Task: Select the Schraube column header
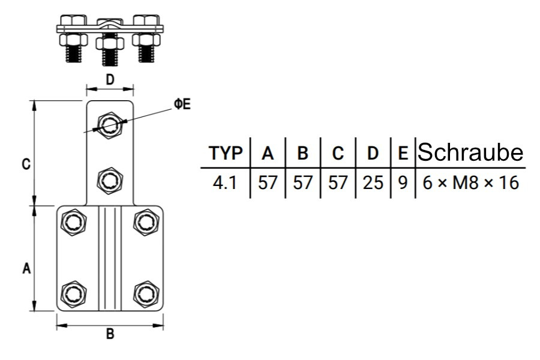(470, 153)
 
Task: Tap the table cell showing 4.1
(226, 182)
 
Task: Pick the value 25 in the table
(373, 182)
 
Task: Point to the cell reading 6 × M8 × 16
(470, 182)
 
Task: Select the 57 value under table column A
(268, 182)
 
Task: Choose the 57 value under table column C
(338, 182)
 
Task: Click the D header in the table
(373, 154)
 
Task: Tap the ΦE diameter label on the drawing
(182, 104)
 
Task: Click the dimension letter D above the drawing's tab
(110, 79)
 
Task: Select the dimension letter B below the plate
(110, 335)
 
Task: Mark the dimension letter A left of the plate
(26, 269)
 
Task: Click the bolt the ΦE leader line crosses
(109, 125)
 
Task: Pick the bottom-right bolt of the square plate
(145, 293)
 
